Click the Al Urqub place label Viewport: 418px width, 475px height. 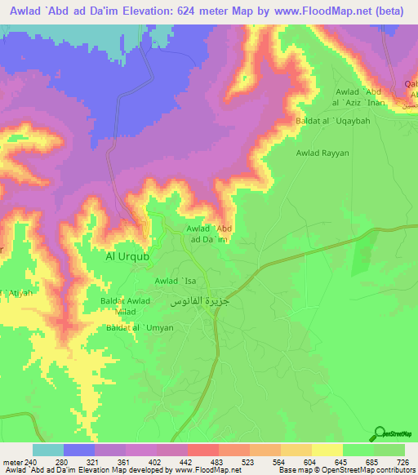click(127, 256)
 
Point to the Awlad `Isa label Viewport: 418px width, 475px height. click(176, 282)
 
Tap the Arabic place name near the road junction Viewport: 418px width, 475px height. click(197, 301)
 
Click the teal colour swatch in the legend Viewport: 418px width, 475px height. click(48, 450)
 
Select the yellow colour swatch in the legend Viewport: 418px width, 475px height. click(327, 450)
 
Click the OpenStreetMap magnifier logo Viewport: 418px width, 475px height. click(379, 435)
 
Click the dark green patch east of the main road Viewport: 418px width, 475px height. click(361, 259)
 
